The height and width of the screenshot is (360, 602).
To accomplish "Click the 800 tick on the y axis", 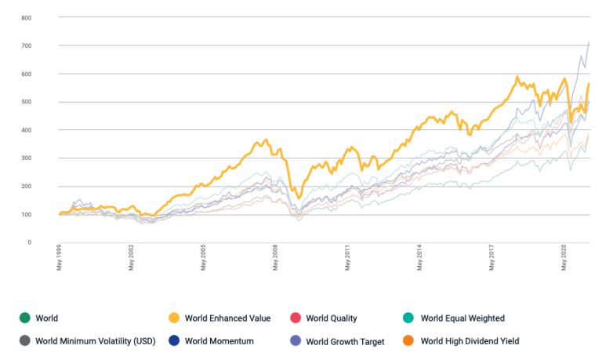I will point(27,17).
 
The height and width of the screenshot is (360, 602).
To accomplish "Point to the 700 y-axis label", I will point(27,45).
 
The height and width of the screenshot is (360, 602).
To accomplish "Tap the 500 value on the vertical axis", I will point(27,102).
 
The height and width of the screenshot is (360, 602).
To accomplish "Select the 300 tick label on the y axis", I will point(27,158).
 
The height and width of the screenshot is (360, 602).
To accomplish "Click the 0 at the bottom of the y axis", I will point(30,242).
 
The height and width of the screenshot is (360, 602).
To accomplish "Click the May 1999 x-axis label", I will point(60,258).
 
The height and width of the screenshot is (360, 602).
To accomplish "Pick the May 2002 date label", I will point(132,258).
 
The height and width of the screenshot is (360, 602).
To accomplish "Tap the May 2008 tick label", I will point(276,258).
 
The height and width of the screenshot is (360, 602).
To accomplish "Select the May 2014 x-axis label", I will point(420,258).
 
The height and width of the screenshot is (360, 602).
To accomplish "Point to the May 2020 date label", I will point(564,258).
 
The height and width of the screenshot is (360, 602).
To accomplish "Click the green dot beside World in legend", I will point(25,318).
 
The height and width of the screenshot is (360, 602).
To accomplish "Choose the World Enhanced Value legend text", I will point(228,318).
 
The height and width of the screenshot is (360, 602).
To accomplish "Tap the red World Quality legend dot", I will point(296,318).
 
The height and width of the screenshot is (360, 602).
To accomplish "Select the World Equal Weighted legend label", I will point(462,318).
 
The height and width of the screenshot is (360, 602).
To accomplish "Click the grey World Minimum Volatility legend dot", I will point(25,341).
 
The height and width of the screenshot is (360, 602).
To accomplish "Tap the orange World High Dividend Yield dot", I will point(410,341).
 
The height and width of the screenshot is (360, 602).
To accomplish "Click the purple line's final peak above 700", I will point(589,42).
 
